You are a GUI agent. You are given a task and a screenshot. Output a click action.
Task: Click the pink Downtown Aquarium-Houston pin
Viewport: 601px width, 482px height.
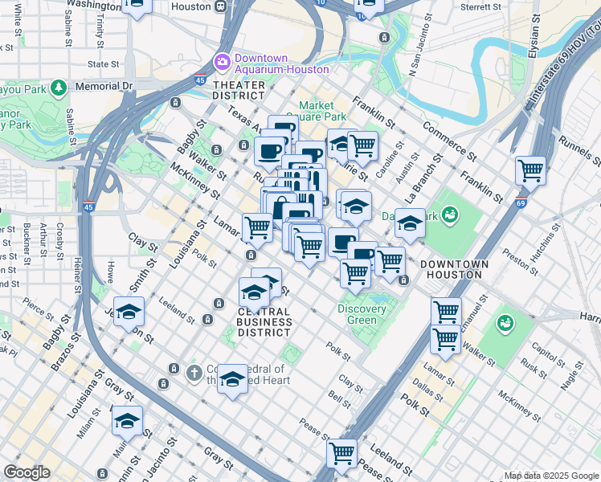click(222, 61)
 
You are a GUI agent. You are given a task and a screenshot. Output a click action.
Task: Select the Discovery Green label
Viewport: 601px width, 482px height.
click(357, 314)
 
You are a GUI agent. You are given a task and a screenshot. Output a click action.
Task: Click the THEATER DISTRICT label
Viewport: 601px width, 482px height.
click(239, 90)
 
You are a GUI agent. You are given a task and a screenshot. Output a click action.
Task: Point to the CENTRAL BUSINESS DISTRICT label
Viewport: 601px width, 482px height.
click(264, 321)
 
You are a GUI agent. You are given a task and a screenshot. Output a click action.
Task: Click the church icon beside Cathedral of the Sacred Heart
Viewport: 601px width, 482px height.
click(193, 373)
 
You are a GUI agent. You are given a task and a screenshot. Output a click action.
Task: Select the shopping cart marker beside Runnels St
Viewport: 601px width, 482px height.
click(530, 170)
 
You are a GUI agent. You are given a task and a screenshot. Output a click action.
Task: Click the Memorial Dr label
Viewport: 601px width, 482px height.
click(103, 85)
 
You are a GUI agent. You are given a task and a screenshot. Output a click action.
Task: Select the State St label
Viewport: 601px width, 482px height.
click(103, 64)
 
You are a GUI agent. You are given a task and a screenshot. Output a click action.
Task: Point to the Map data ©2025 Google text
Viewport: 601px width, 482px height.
click(550, 476)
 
